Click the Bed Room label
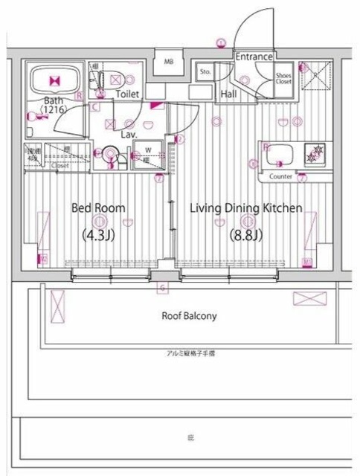click(x=98, y=208)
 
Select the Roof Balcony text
click(x=189, y=316)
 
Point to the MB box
click(x=168, y=62)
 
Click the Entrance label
click(x=254, y=57)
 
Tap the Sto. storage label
click(x=205, y=73)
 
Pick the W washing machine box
click(x=147, y=147)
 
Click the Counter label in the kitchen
click(x=280, y=177)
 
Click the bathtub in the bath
click(x=53, y=80)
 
